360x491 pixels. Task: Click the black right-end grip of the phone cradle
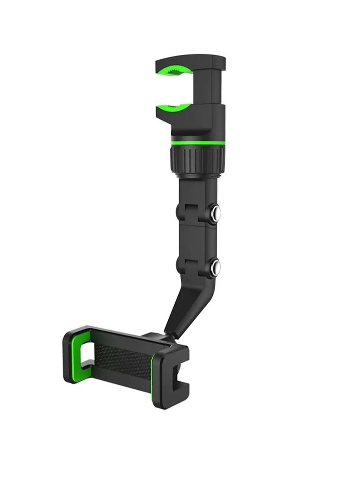click(173, 378)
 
